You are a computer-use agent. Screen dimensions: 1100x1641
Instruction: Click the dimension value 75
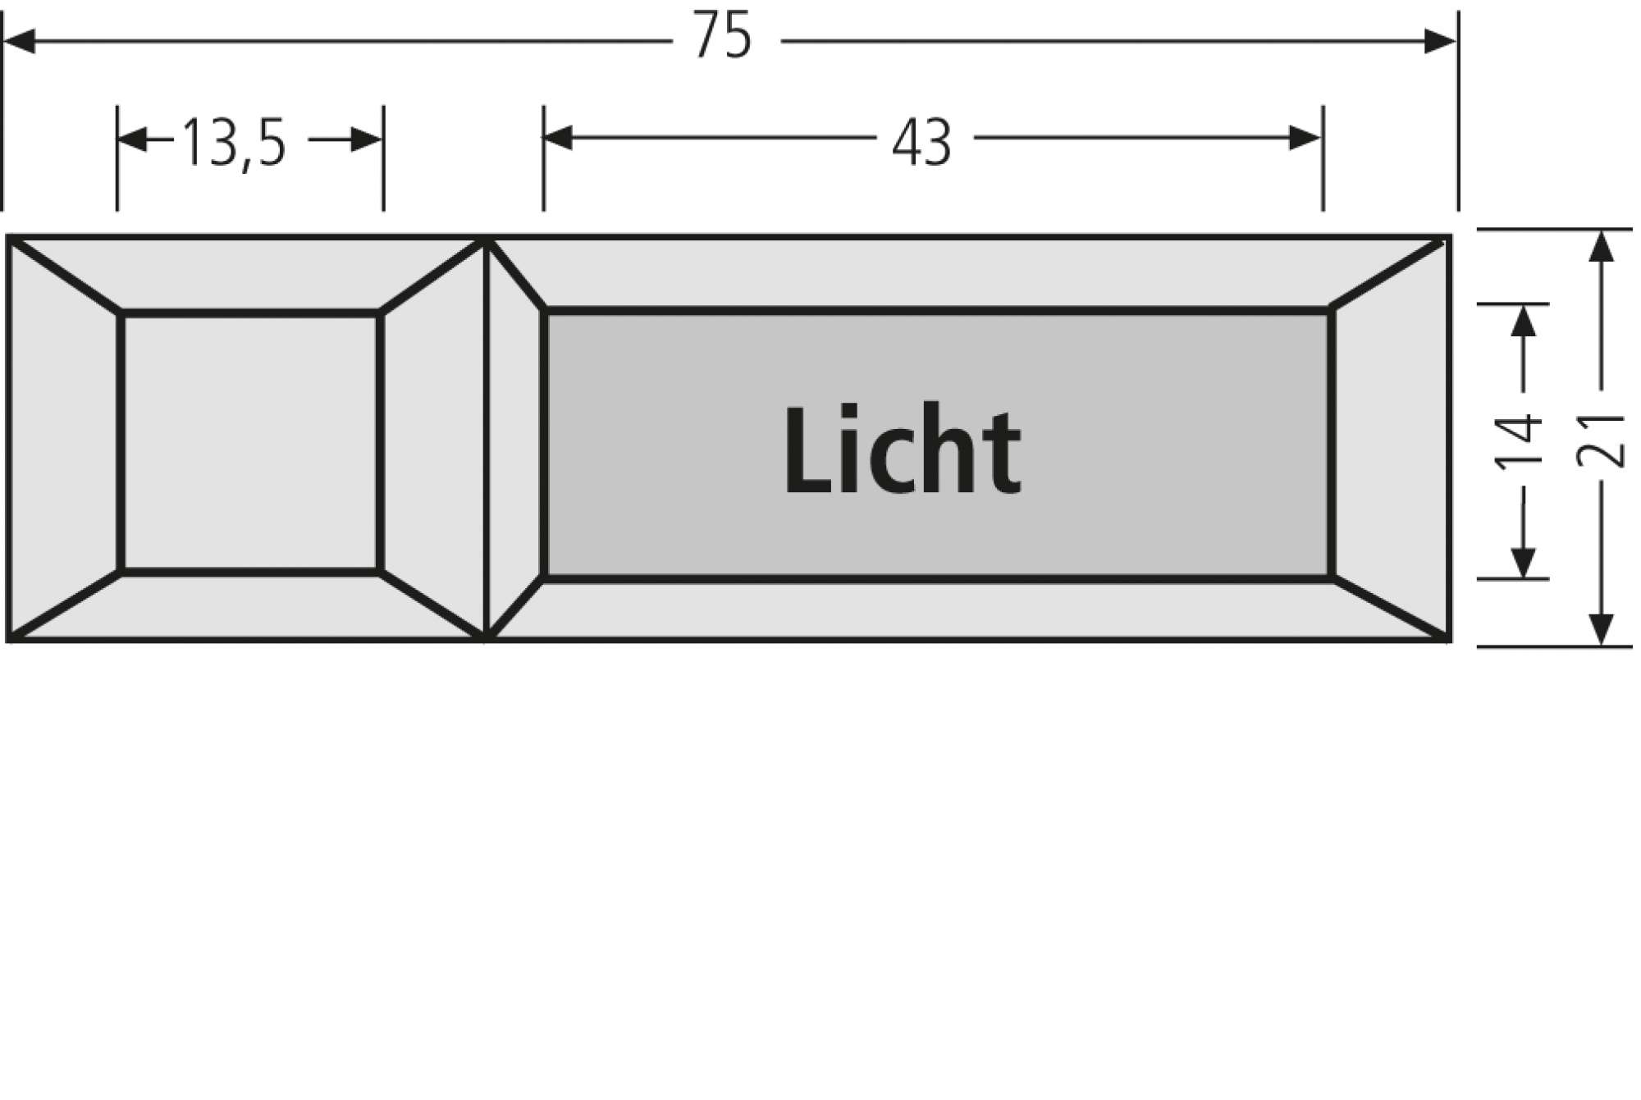(x=722, y=37)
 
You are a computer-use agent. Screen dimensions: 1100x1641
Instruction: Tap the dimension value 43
(x=921, y=143)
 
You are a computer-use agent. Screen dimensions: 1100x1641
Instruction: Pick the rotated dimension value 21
(x=1601, y=442)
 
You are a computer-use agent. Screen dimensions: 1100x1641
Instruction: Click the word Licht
(x=903, y=451)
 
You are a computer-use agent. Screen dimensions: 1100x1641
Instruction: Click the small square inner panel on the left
(x=250, y=442)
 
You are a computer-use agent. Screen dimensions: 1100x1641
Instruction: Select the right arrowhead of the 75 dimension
(x=1440, y=41)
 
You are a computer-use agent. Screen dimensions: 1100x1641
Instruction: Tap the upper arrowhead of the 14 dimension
(x=1523, y=320)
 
